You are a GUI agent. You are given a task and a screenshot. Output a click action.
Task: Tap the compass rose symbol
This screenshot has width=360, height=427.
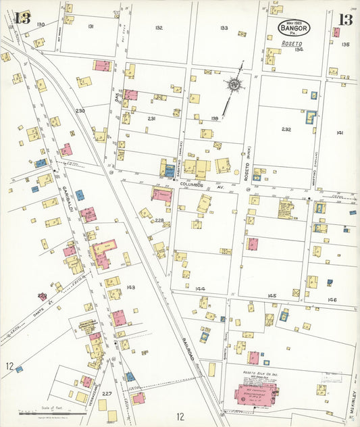234,85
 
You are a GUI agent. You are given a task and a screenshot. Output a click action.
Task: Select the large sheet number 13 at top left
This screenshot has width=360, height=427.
22,18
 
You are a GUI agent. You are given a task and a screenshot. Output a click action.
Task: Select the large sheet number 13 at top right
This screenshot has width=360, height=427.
345,19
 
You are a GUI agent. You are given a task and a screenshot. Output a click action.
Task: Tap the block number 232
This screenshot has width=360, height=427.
286,129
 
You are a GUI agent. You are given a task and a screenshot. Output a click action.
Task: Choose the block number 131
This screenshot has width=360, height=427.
91,26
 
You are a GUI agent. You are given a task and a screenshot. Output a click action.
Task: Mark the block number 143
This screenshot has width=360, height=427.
130,287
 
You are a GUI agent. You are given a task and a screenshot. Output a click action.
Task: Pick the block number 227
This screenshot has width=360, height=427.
107,393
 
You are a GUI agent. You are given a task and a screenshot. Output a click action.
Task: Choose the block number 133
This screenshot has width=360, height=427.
224,28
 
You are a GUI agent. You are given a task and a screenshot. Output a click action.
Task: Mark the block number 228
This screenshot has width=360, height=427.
159,220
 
